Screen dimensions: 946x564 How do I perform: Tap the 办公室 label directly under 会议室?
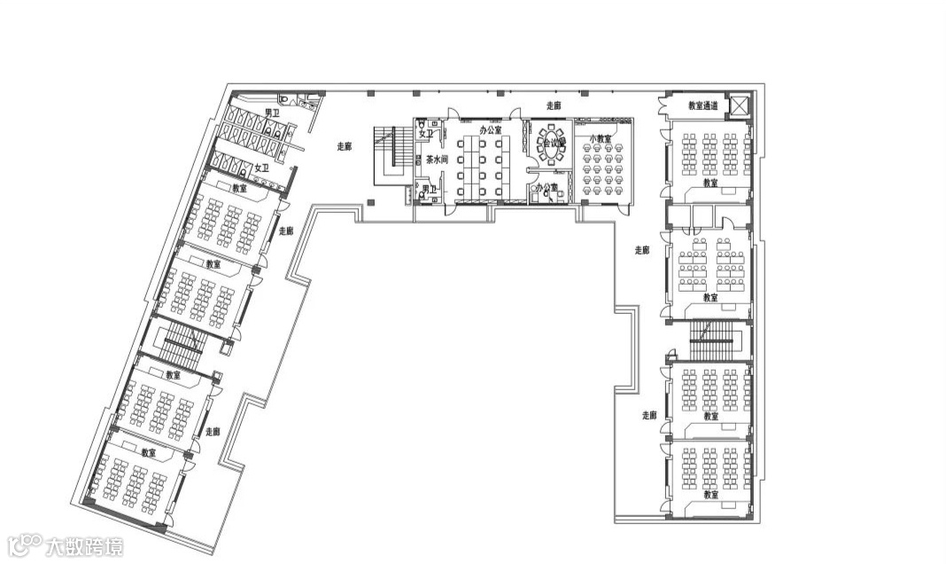(x=546, y=187)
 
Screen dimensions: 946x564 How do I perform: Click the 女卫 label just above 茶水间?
(x=427, y=134)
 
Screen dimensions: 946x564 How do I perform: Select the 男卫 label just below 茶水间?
(x=429, y=189)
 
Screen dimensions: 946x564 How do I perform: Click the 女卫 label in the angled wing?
(x=261, y=168)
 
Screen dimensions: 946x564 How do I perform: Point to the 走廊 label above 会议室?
(x=554, y=106)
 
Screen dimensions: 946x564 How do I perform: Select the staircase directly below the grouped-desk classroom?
(x=712, y=341)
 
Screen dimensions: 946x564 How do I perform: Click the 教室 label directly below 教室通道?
(x=710, y=184)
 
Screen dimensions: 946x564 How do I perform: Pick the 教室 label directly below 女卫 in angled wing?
(x=239, y=188)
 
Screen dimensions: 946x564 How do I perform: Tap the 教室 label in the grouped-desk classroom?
(x=710, y=298)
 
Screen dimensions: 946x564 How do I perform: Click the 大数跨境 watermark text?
(x=85, y=544)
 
